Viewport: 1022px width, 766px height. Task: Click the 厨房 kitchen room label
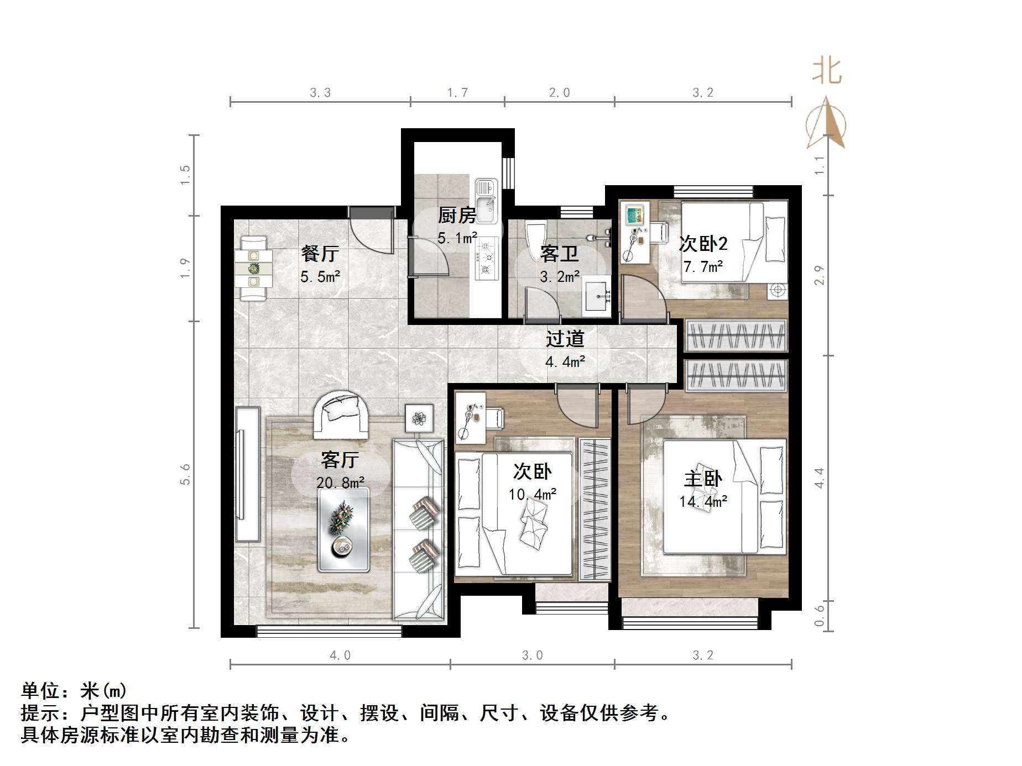(456, 215)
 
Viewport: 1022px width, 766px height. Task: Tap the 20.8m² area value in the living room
(340, 482)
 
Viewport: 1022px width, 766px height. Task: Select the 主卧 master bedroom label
(702, 479)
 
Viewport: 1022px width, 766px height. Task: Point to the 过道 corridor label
(565, 338)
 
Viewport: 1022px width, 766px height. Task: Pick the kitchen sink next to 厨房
(487, 201)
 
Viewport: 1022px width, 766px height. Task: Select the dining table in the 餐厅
(253, 269)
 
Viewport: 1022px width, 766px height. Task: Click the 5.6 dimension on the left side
(185, 474)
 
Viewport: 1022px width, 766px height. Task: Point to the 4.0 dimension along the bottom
(340, 655)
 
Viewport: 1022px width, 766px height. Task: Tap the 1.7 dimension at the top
(457, 93)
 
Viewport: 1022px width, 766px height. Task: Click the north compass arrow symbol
(826, 123)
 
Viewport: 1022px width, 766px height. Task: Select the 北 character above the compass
(827, 72)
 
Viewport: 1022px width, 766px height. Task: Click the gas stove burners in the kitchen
(487, 258)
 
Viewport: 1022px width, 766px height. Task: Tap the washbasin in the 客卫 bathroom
(597, 296)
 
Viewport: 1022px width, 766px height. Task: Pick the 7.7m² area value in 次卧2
(703, 267)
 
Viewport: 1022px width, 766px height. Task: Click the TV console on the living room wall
(247, 474)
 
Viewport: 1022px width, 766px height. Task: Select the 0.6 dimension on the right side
(820, 615)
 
